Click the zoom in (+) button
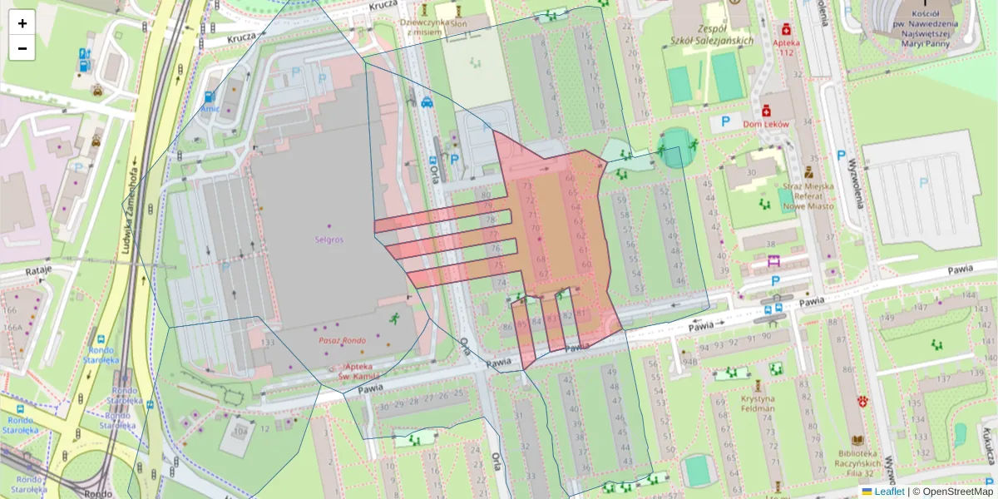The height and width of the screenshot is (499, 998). click(x=22, y=22)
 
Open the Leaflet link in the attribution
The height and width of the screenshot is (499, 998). click(x=889, y=492)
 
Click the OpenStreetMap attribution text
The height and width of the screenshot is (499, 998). click(x=957, y=492)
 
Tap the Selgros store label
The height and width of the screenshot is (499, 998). click(x=329, y=239)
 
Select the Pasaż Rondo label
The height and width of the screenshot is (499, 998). click(x=342, y=340)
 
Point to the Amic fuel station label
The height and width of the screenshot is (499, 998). click(x=209, y=108)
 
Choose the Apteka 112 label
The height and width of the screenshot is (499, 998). click(x=784, y=47)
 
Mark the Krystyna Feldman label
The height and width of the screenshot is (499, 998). click(x=757, y=403)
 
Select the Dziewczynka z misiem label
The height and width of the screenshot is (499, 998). click(x=424, y=27)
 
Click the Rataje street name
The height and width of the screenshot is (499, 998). click(x=38, y=270)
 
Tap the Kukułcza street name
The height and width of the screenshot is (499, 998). click(x=988, y=441)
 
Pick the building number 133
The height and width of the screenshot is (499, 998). click(x=267, y=342)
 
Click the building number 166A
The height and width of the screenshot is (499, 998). click(x=12, y=327)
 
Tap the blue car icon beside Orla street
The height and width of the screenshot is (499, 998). click(x=427, y=102)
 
